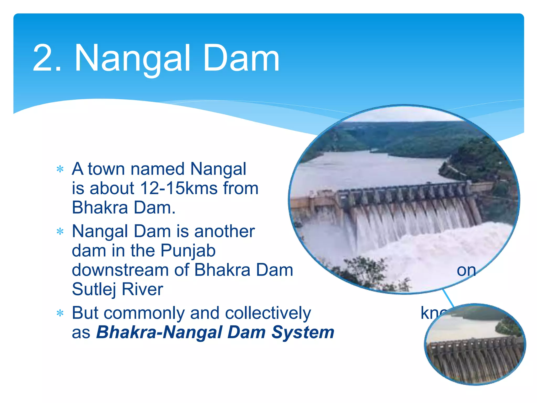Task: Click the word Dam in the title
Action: click(241, 58)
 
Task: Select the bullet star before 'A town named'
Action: click(60, 169)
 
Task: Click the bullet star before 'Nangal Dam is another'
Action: click(60, 232)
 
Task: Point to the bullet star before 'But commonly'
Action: click(60, 313)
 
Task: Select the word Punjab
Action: click(188, 251)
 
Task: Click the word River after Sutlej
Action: click(142, 289)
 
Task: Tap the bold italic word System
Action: click(303, 332)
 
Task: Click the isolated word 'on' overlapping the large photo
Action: click(466, 271)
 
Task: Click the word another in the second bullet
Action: click(224, 231)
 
